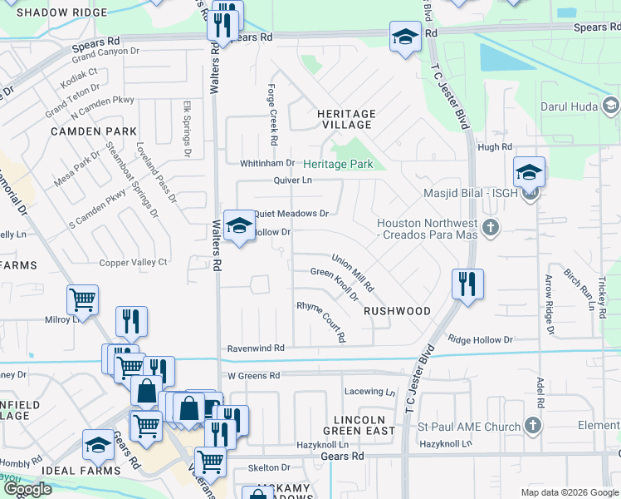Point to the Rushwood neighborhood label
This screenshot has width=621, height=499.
pos(397,311)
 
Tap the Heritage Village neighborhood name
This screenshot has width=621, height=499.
pos(345,119)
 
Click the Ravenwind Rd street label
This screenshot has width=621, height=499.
pos(256,348)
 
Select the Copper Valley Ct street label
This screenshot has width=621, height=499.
pos(134,262)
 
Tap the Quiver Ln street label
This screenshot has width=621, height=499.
pos(293,180)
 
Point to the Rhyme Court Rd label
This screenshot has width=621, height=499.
pos(320,322)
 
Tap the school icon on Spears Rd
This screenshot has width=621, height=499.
pos(404,37)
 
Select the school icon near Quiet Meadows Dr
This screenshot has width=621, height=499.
pos(239,225)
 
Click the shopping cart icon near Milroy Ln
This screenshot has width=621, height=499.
pos(82,299)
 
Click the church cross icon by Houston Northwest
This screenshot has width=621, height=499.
pos(491,226)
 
